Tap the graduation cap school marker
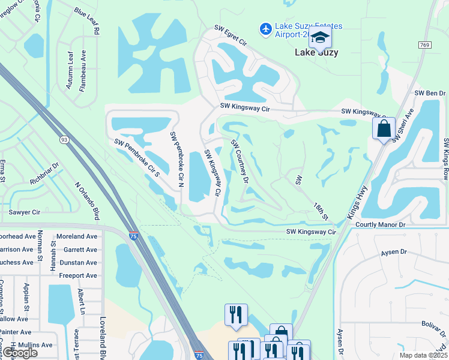tap(320, 38)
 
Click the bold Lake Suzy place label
tap(316, 53)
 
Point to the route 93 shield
tap(64, 139)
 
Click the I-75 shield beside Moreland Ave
tap(133, 236)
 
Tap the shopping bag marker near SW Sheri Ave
tap(383, 128)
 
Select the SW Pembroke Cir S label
tap(137, 158)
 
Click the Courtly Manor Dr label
tap(381, 224)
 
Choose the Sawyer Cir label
tap(24, 212)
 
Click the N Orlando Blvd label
tap(87, 201)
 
